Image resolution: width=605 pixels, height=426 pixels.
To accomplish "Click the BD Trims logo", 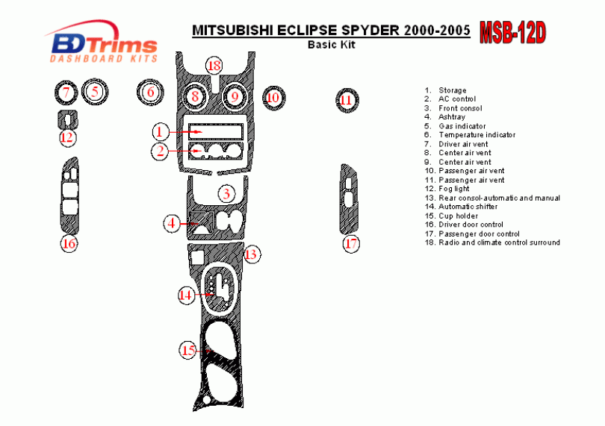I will point(102,43).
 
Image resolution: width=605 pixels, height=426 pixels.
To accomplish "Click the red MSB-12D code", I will point(512,33).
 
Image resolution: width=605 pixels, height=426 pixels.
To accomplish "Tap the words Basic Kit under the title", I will point(332,44).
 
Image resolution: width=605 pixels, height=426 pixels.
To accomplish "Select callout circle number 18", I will point(214,66).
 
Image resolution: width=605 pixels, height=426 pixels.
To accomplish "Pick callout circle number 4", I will point(173,222).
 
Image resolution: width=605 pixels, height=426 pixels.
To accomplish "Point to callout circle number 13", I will point(252,254).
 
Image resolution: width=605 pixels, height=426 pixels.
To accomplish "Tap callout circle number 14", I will point(185,295).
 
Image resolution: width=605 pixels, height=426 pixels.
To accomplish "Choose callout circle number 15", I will point(188,349).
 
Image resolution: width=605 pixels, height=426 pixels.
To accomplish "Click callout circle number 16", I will point(69,244).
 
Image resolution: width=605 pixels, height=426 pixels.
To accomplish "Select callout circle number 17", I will point(352,243).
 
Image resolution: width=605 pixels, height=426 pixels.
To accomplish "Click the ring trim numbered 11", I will point(346,100).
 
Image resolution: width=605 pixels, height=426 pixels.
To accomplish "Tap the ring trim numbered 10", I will point(273,97).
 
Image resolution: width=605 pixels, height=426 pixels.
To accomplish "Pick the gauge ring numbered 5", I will point(95,92).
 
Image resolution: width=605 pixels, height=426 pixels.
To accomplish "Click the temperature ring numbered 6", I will point(150,93).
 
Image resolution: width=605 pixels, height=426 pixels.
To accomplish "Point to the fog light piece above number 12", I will point(67,119).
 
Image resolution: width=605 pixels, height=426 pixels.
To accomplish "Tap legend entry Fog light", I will point(454,189).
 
